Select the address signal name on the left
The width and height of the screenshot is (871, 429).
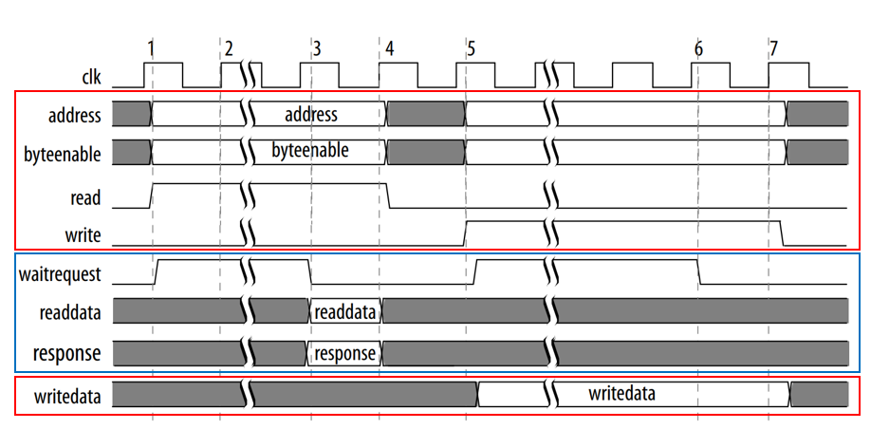[x=75, y=116]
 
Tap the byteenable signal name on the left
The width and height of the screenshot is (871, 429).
[x=63, y=153]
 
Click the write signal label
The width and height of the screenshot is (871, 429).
[x=85, y=234]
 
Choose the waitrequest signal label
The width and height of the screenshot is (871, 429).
[x=59, y=275]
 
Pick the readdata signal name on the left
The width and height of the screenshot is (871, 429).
[x=70, y=311]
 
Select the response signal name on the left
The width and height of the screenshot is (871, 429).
[x=67, y=352]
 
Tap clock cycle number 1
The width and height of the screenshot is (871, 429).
[x=151, y=47]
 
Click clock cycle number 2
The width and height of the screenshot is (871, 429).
[x=228, y=47]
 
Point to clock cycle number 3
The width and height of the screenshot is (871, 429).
[x=316, y=47]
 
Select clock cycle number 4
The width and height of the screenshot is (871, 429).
[x=390, y=47]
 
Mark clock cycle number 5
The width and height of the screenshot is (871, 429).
[x=472, y=47]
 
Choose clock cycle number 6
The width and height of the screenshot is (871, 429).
[x=698, y=47]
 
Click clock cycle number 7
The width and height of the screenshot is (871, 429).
[x=774, y=47]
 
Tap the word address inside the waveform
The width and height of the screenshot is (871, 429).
[x=310, y=115]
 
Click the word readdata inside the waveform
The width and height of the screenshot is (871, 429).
[x=345, y=311]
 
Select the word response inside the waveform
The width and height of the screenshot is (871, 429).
[x=344, y=353]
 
